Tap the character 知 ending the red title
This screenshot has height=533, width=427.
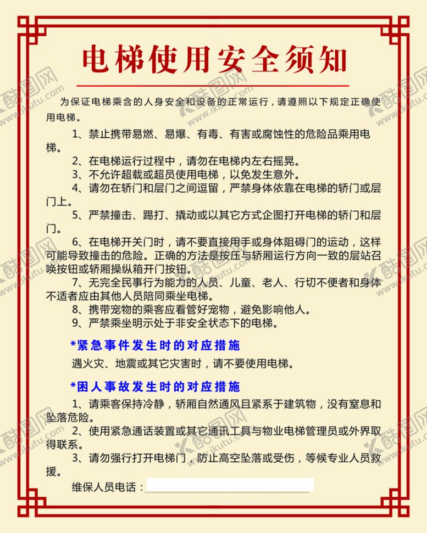click(330, 59)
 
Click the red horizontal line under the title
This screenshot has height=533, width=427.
click(213, 86)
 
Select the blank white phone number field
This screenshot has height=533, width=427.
click(230, 485)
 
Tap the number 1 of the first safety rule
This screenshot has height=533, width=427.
click(75, 134)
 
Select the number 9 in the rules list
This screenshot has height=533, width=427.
click(75, 322)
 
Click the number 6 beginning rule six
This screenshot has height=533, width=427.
click(75, 242)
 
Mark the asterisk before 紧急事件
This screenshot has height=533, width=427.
click(73, 345)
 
